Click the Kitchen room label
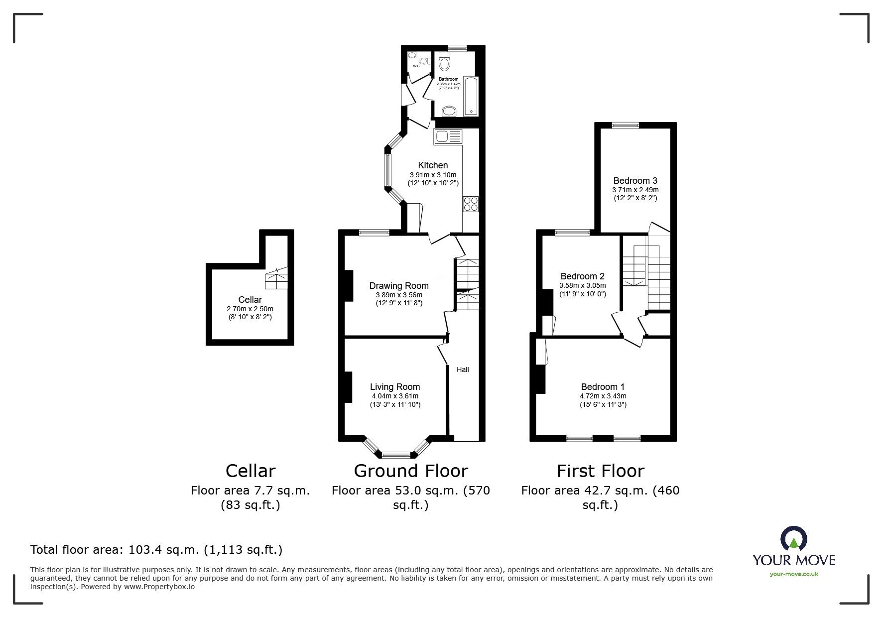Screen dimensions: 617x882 433,165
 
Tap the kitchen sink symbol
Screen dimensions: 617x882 448,136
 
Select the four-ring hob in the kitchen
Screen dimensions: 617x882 471,204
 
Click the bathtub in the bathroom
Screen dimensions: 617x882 471,96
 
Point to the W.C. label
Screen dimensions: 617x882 416,66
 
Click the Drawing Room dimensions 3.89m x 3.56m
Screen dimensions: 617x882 399,295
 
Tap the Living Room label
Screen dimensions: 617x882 395,387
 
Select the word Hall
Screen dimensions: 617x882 463,370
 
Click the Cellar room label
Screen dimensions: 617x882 250,300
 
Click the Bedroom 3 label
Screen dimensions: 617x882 635,181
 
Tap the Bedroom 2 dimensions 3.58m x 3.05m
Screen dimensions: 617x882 582,286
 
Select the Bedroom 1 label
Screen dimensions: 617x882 603,387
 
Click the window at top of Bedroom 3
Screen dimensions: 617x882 625,125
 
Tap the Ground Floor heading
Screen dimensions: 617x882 411,471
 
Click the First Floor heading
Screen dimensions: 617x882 600,471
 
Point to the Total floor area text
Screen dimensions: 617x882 156,550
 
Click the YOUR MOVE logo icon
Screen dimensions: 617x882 793,539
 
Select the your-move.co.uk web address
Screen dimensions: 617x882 794,574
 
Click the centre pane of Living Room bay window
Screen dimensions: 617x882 396,454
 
